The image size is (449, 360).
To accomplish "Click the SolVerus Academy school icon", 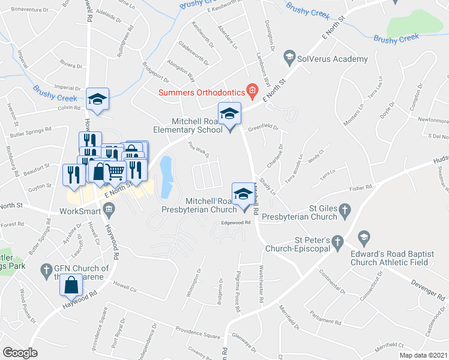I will (289, 59).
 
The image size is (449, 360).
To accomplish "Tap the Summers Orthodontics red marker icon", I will (252, 92).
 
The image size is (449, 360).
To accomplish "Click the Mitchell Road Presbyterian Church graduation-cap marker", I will (243, 194).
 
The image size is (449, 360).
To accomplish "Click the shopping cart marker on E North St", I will (115, 173).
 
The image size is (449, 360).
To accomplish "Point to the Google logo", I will (20, 352).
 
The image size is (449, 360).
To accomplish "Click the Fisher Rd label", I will (361, 188).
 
